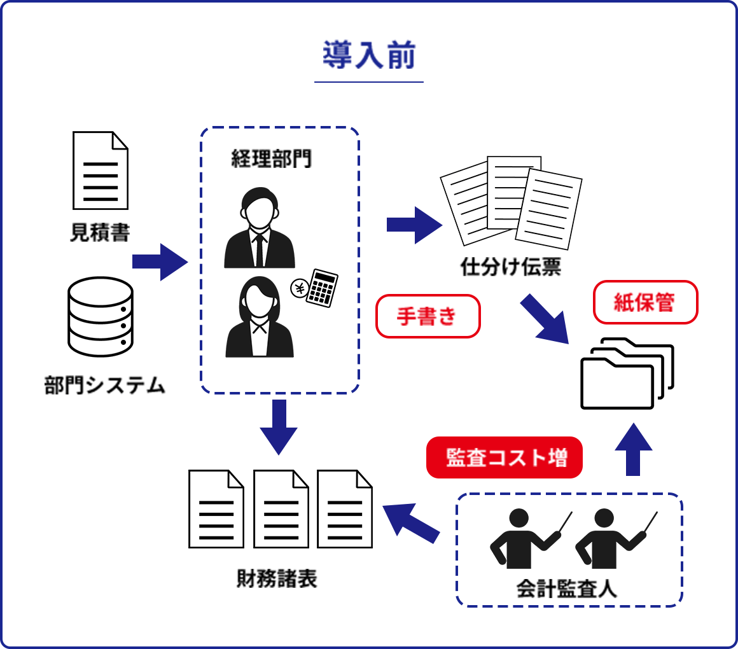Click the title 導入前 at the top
368,57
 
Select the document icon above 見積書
100,170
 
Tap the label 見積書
100,233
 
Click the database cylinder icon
101,316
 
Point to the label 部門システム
104,385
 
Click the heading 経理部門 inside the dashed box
272,158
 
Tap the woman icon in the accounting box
260,318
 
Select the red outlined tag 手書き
428,316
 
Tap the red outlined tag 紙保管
645,302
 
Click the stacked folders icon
627,373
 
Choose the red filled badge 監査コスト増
505,457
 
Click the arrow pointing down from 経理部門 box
279,426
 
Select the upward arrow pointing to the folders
634,449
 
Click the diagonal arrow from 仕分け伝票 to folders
543,318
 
